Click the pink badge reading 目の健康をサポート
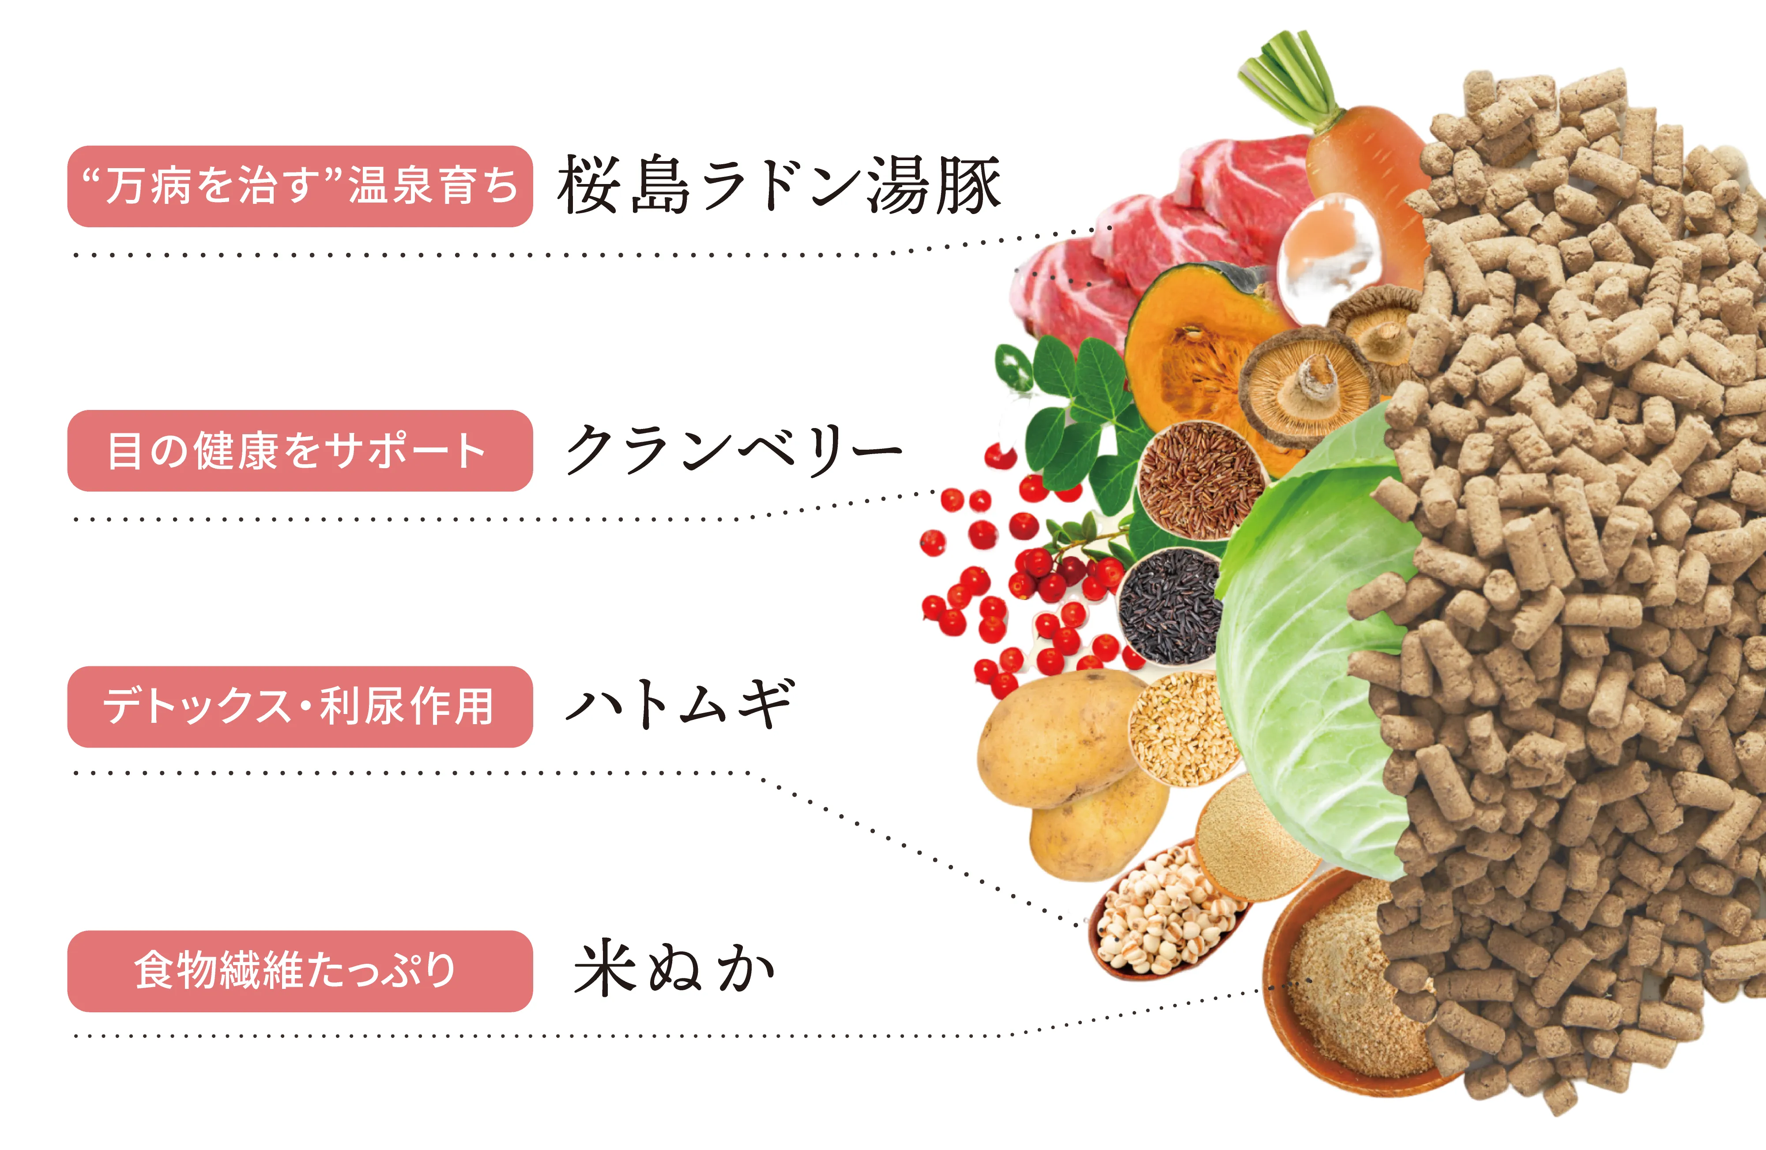click(300, 451)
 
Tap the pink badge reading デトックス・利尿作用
click(300, 707)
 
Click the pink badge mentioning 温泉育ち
click(300, 186)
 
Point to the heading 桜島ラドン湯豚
click(779, 185)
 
